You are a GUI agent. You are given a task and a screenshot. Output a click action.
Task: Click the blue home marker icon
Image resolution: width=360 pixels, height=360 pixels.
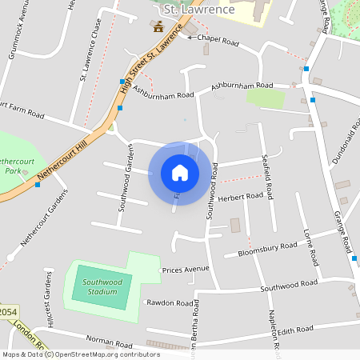tap(179, 173)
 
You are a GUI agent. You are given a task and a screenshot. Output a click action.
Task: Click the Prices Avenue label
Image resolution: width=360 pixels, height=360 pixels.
tap(185, 270)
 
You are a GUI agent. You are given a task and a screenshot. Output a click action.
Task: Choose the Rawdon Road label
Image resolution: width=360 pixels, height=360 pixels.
tap(170, 303)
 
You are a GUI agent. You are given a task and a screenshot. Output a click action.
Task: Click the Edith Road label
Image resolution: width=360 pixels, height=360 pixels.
tap(294, 330)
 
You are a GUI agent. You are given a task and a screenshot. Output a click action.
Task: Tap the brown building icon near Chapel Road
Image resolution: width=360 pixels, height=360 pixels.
tap(158, 26)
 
